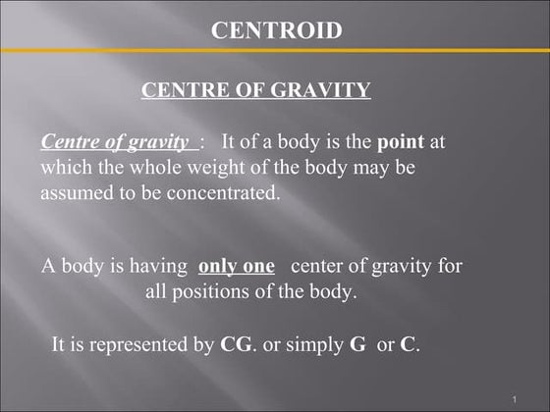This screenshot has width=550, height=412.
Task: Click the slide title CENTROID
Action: point(277,30)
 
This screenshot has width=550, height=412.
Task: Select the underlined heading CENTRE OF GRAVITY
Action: point(255,91)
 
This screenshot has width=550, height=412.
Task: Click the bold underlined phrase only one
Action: point(236,266)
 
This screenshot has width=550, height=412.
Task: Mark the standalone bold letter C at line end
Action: point(408,345)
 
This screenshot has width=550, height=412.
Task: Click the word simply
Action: point(304,346)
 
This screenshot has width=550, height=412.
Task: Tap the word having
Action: point(158,266)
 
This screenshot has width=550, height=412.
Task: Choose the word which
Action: point(63,168)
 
